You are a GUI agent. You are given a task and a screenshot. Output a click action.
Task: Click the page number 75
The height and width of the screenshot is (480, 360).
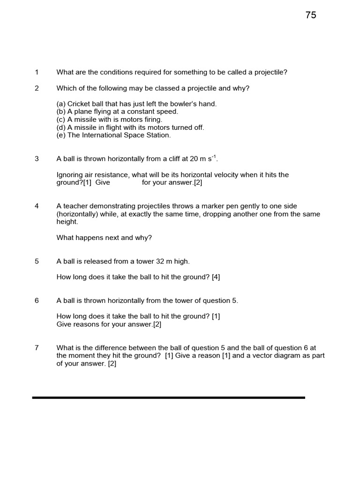tap(311, 15)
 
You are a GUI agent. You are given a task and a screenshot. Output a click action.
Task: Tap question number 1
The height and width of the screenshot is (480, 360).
tap(37, 72)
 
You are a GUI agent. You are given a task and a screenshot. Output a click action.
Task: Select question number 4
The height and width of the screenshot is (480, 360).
tap(37, 206)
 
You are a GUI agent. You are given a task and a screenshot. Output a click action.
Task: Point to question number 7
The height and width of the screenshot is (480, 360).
tap(37, 348)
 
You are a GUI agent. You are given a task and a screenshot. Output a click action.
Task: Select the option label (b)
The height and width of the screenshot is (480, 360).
tap(61, 112)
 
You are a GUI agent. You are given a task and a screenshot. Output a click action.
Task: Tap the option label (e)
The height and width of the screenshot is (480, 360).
tap(61, 135)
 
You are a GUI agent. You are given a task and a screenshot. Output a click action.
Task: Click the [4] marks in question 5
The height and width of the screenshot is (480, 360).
tap(216, 277)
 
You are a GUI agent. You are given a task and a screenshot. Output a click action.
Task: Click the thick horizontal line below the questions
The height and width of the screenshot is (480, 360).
tap(169, 397)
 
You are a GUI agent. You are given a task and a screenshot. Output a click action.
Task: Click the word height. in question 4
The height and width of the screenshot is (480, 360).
tap(67, 222)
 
